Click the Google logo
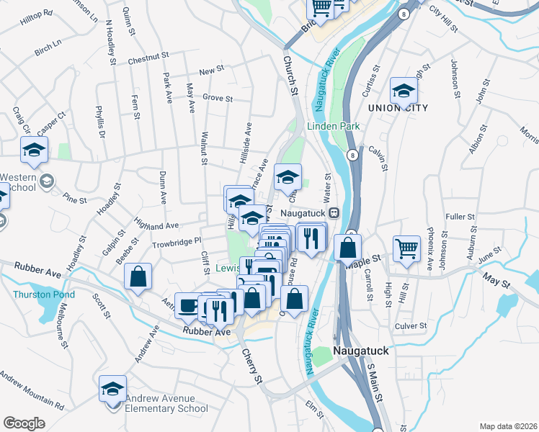(24, 423)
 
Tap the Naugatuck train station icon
(334, 213)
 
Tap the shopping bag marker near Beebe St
(138, 276)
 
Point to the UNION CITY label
(398, 108)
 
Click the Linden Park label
(333, 126)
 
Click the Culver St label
(412, 325)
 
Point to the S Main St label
(376, 385)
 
